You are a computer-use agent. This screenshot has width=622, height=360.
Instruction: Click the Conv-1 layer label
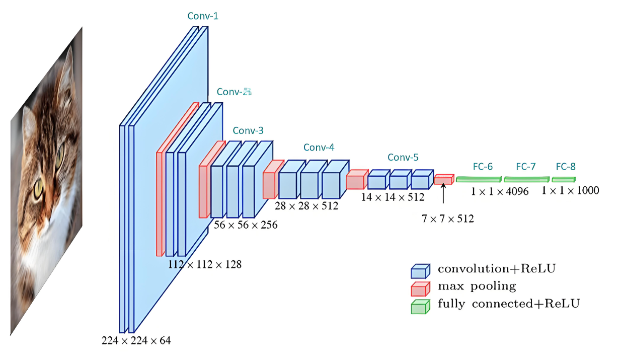point(203,16)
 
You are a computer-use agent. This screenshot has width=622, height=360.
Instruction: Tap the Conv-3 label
point(248,131)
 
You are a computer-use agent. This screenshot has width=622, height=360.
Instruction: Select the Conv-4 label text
point(319,148)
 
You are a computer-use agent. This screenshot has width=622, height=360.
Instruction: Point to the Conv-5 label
point(403,158)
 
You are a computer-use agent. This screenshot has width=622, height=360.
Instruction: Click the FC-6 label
point(483,167)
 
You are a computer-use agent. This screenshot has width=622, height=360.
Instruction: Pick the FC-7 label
point(526,167)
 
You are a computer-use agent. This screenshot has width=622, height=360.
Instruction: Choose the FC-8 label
point(565,167)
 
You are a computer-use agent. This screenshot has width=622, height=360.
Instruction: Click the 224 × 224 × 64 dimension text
point(136,341)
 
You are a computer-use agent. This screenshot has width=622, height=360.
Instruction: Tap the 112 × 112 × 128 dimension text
point(204,264)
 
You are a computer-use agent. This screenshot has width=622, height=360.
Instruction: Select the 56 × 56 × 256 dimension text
point(246,225)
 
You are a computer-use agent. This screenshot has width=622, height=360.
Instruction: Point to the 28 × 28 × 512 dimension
point(306,206)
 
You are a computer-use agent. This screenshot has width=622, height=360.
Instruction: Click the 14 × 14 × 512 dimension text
point(393,197)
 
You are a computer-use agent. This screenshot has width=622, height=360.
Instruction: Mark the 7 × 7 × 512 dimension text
point(448,219)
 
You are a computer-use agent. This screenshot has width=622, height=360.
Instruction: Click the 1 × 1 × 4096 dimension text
point(500,191)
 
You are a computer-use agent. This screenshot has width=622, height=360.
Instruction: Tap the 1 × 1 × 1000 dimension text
point(570,190)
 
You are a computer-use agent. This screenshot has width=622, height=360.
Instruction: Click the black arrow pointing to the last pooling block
point(443,193)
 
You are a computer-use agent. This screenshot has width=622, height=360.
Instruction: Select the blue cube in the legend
point(420,271)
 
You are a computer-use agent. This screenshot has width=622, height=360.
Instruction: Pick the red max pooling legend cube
point(420,289)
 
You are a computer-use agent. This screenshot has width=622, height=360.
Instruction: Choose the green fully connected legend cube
point(420,306)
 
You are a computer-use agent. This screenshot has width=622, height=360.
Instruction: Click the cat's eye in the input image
point(39,191)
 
